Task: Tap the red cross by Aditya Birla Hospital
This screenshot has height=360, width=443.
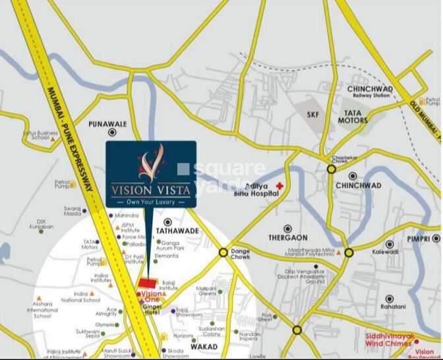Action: click(x=280, y=187)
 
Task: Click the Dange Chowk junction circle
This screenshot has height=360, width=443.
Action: click(x=223, y=252)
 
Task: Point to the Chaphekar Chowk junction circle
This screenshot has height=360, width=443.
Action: click(x=331, y=169)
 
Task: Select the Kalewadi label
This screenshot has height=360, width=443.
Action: click(x=384, y=252)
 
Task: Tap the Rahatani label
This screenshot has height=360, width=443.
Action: click(x=389, y=307)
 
